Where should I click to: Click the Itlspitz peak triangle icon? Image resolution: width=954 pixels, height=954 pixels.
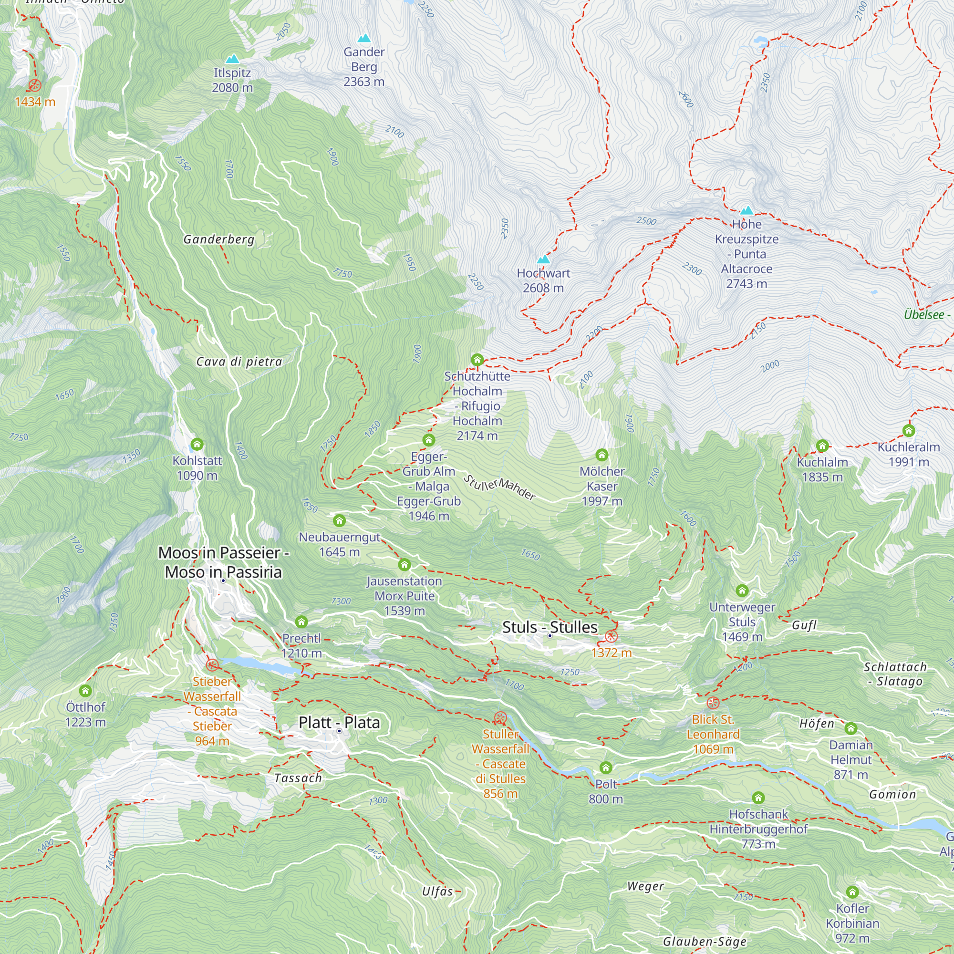pyautogui.click(x=232, y=59)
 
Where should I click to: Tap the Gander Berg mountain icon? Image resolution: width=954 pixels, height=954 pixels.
pyautogui.click(x=364, y=38)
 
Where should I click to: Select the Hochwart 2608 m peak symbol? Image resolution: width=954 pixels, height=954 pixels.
pyautogui.click(x=543, y=259)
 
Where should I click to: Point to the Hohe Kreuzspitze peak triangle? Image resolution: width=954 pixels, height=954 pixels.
pyautogui.click(x=747, y=210)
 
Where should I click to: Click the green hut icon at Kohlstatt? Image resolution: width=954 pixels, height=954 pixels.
pyautogui.click(x=197, y=445)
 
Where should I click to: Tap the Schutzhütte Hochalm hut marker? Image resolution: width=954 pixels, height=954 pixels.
pyautogui.click(x=477, y=360)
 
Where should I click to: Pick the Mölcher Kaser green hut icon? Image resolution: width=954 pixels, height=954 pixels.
pyautogui.click(x=601, y=455)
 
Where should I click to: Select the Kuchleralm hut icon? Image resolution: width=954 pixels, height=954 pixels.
pyautogui.click(x=909, y=431)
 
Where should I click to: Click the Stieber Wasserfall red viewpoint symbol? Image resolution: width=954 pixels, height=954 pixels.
pyautogui.click(x=212, y=665)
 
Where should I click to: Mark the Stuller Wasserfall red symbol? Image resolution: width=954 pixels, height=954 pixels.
pyautogui.click(x=500, y=718)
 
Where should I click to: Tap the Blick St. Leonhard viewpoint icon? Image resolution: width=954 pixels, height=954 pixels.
pyautogui.click(x=713, y=703)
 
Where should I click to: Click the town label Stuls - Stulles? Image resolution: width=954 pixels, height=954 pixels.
pyautogui.click(x=550, y=627)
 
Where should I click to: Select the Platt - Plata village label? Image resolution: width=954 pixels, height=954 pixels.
pyautogui.click(x=339, y=722)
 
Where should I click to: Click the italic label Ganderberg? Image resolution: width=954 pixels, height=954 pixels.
pyautogui.click(x=219, y=239)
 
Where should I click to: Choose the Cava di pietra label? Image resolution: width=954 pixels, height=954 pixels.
pyautogui.click(x=239, y=362)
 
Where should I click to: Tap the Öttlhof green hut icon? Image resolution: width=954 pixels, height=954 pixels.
pyautogui.click(x=85, y=691)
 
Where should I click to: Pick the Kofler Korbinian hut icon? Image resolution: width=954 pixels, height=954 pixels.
pyautogui.click(x=852, y=892)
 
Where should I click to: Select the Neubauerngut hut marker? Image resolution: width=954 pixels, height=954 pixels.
pyautogui.click(x=339, y=520)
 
